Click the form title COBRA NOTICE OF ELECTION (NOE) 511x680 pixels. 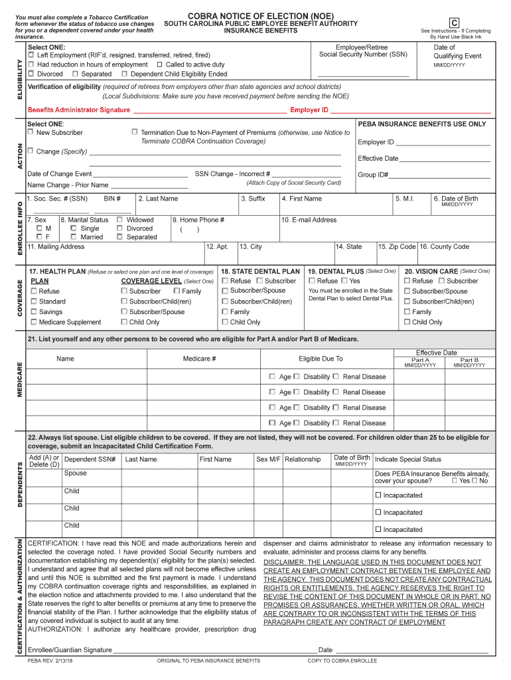(x=260, y=15)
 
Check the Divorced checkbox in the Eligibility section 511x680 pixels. (x=31, y=74)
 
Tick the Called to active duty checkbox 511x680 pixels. (x=159, y=64)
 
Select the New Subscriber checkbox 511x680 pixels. (x=31, y=133)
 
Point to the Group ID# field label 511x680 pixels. (x=373, y=175)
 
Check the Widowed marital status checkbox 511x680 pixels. (x=119, y=220)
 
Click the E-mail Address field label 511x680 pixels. (x=309, y=220)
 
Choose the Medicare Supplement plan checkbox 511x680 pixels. (x=34, y=322)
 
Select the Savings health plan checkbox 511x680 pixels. (x=34, y=311)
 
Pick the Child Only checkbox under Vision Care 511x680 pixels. (x=407, y=322)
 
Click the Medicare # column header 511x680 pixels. (x=199, y=359)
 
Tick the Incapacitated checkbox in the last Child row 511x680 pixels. (x=378, y=529)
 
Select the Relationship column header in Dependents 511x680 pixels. (x=303, y=460)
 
